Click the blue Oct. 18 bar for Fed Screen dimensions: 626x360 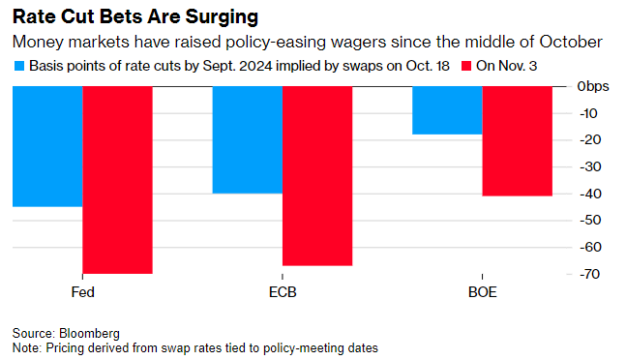pyautogui.click(x=47, y=146)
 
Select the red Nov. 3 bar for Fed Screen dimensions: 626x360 pyautogui.click(x=117, y=180)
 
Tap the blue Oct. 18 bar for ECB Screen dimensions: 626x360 pyautogui.click(x=248, y=140)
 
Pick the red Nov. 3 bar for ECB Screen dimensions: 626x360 pyautogui.click(x=317, y=176)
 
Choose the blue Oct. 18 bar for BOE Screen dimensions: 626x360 pyautogui.click(x=448, y=110)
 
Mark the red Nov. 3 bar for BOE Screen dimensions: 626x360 pyautogui.click(x=518, y=141)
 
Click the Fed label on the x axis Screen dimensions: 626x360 pyautogui.click(x=82, y=292)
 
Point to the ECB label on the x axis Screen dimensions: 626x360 pyautogui.click(x=283, y=292)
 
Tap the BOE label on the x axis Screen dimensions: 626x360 pyautogui.click(x=482, y=292)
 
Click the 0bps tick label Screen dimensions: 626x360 pyautogui.click(x=593, y=86)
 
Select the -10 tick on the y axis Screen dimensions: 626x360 pyautogui.click(x=588, y=113)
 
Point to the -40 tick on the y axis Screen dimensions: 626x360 pyautogui.click(x=590, y=194)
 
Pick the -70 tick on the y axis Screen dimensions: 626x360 pyautogui.click(x=589, y=274)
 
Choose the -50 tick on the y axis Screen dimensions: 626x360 pyautogui.click(x=590, y=221)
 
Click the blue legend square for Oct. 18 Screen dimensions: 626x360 pyautogui.click(x=19, y=66)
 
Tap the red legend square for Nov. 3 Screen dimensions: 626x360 pyautogui.click(x=466, y=66)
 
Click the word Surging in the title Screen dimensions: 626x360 pyautogui.click(x=222, y=17)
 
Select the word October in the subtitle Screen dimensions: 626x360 pyautogui.click(x=571, y=42)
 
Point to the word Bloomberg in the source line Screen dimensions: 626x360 pyautogui.click(x=89, y=333)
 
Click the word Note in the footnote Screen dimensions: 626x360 pyautogui.click(x=26, y=348)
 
